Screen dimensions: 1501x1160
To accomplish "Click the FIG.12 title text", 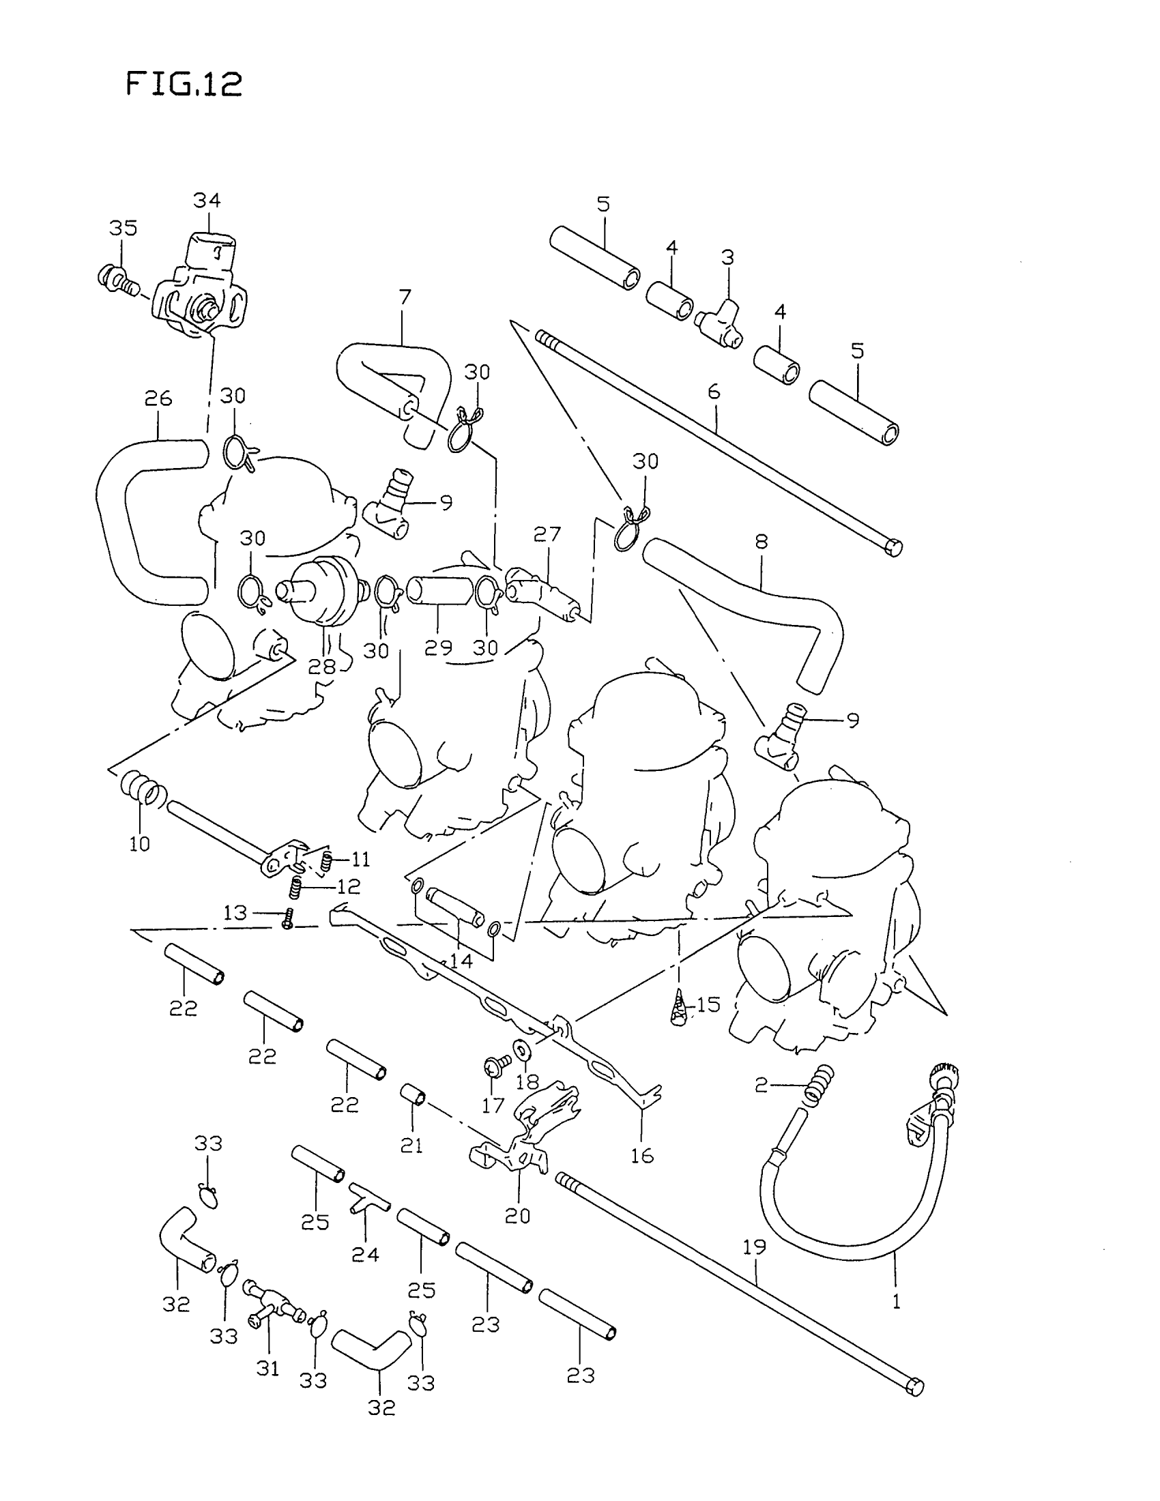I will click(x=184, y=85).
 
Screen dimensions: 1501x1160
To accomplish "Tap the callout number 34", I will click(x=207, y=201).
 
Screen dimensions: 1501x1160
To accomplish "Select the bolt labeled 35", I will click(x=114, y=279).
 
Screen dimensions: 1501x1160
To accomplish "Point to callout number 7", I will click(x=405, y=297).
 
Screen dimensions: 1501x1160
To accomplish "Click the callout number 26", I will click(x=158, y=398).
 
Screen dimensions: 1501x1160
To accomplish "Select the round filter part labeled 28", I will click(x=320, y=591).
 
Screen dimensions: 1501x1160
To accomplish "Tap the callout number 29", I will click(x=439, y=647).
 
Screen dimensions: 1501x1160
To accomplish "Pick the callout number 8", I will click(x=761, y=542).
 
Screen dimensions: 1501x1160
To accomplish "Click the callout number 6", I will click(x=714, y=392).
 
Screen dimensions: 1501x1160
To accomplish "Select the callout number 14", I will click(x=461, y=960).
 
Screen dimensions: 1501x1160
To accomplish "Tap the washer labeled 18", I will click(x=520, y=1050).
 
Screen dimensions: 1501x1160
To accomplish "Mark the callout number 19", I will click(x=755, y=1247).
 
